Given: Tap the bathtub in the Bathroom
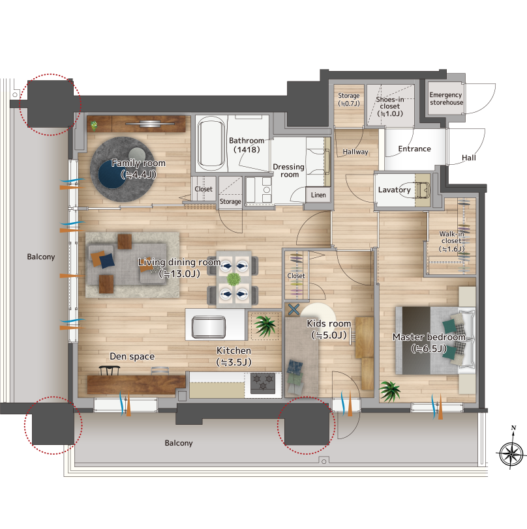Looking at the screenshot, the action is [x=211, y=143].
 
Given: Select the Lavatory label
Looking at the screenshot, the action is [x=394, y=190].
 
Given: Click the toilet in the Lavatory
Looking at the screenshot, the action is [x=423, y=190].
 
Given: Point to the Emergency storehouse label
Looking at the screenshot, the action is [x=446, y=99].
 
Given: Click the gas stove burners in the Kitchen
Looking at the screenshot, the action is [x=263, y=383].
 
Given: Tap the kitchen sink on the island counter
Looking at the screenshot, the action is [x=209, y=326].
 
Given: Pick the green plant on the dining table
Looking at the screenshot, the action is [x=233, y=279].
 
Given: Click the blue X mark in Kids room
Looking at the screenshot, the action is [x=294, y=309].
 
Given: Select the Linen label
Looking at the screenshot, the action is [x=318, y=195].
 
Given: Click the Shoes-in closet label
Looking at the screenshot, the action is [x=390, y=106].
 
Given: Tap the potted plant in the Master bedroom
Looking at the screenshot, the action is [x=390, y=391].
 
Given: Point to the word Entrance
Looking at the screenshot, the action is [x=415, y=149].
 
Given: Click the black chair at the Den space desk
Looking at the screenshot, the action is [x=110, y=371].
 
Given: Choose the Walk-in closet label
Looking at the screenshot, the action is [x=451, y=241].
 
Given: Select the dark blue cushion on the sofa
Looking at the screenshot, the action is [x=107, y=261].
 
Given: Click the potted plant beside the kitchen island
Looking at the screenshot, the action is [x=265, y=326].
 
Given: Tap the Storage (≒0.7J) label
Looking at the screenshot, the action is [x=349, y=100].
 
